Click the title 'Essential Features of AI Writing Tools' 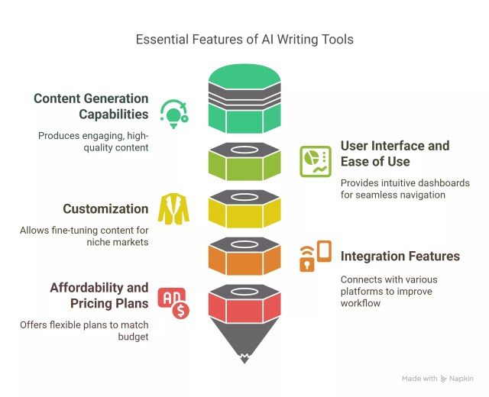pyautogui.click(x=244, y=39)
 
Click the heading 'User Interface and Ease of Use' pyautogui.click(x=394, y=153)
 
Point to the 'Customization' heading pyautogui.click(x=105, y=208)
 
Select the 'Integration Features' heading pyautogui.click(x=400, y=257)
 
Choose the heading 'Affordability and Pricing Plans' pyautogui.click(x=99, y=295)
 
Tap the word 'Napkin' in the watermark pyautogui.click(x=461, y=378)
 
